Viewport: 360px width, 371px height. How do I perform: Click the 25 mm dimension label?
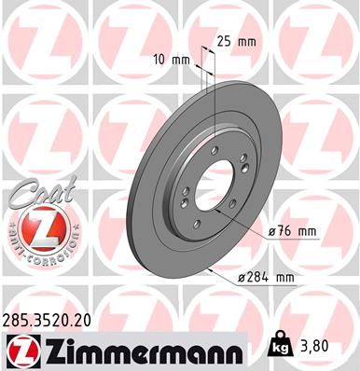tap(236, 41)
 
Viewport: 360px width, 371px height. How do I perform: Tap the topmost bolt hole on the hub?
tap(214, 149)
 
